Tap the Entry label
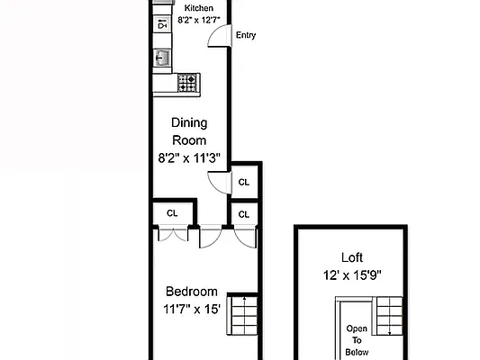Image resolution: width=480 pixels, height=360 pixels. (245, 36)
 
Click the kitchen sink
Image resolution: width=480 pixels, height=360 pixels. (162, 58)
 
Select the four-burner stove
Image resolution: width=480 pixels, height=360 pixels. (187, 83)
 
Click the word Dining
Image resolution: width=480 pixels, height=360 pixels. (189, 123)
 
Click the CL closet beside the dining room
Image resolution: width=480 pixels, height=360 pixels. (244, 183)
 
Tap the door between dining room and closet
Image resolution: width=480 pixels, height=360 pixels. (218, 183)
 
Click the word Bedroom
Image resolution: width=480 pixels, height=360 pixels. (191, 292)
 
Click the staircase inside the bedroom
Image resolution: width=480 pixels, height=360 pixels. (242, 316)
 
